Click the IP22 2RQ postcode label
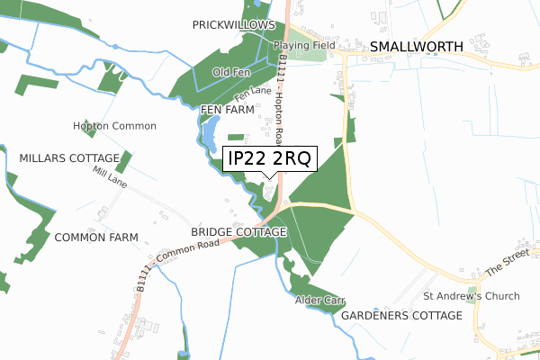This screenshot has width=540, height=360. (x=269, y=160)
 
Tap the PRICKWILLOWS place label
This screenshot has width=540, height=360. (x=231, y=26)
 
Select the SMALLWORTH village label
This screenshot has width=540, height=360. (x=416, y=46)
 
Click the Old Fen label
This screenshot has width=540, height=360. (x=229, y=72)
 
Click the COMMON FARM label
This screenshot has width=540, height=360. (x=95, y=238)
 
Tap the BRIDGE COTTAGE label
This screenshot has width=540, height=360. (x=238, y=232)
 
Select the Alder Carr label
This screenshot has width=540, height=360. (x=320, y=300)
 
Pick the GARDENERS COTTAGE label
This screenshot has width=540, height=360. (x=401, y=315)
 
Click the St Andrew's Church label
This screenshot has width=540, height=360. (x=472, y=295)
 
